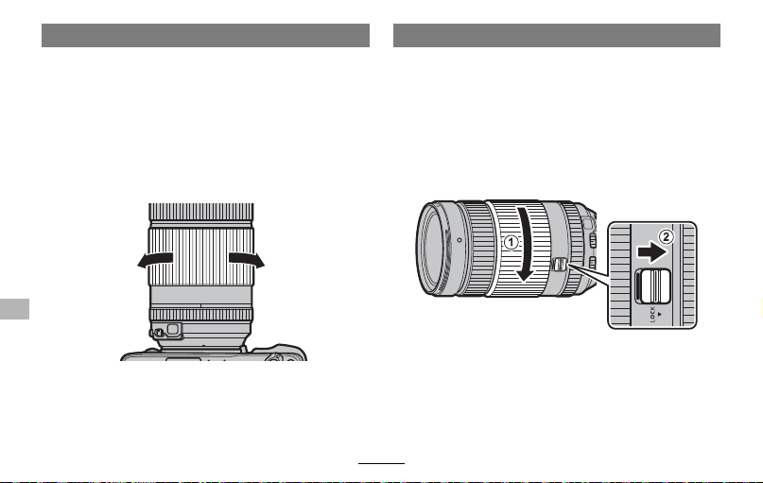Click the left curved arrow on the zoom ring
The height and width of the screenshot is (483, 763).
155,260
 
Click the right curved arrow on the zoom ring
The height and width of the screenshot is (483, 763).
247,260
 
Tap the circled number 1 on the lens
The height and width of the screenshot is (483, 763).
511,242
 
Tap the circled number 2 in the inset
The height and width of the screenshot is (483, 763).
667,237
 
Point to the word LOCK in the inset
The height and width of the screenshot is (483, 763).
652,314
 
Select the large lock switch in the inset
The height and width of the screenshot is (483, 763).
653,285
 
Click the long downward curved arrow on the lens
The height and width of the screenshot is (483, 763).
525,244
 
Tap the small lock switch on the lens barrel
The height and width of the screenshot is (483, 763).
559,264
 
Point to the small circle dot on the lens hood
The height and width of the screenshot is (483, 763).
460,240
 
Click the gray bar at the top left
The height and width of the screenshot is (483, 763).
205,36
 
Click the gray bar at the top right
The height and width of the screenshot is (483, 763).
557,36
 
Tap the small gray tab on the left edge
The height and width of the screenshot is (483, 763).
14,309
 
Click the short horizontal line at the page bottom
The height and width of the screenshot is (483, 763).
382,463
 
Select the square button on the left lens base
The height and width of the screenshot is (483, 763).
172,329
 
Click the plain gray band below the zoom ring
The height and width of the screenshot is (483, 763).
200,296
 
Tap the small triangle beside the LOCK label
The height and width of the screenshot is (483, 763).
659,314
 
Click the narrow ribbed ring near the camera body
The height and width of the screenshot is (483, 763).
200,314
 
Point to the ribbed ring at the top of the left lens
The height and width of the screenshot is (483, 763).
201,212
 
